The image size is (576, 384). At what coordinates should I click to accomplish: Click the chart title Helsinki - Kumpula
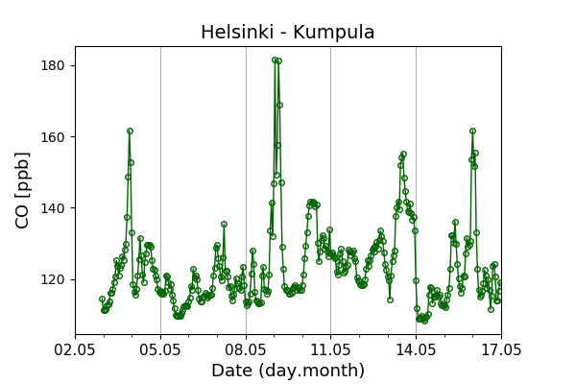(288, 32)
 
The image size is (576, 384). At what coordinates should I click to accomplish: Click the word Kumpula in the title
(333, 32)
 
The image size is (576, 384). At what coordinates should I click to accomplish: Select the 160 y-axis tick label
(54, 137)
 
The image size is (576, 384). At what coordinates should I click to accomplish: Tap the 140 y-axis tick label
(54, 208)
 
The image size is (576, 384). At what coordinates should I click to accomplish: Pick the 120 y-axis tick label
(54, 279)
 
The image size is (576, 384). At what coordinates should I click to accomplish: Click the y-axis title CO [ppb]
(22, 190)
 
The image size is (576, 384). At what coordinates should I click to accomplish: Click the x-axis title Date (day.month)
(288, 370)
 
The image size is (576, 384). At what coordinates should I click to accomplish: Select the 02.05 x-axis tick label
(75, 349)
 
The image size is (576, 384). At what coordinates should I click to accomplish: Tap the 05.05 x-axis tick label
(160, 349)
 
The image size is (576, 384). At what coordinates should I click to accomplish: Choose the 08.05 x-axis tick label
(246, 349)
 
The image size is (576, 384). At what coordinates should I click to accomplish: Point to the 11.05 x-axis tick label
(330, 349)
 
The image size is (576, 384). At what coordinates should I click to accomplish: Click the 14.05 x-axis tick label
(416, 349)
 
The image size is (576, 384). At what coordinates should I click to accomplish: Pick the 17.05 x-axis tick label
(501, 349)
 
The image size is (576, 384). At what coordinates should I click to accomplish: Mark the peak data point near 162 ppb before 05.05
(130, 132)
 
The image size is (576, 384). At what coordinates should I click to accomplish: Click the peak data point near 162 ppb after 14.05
(472, 132)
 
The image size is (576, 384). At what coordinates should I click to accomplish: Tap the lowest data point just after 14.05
(425, 322)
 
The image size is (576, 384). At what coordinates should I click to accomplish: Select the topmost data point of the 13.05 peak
(404, 154)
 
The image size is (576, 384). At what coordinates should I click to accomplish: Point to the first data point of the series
(102, 300)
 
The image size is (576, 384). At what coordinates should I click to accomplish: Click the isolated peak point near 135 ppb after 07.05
(224, 224)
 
